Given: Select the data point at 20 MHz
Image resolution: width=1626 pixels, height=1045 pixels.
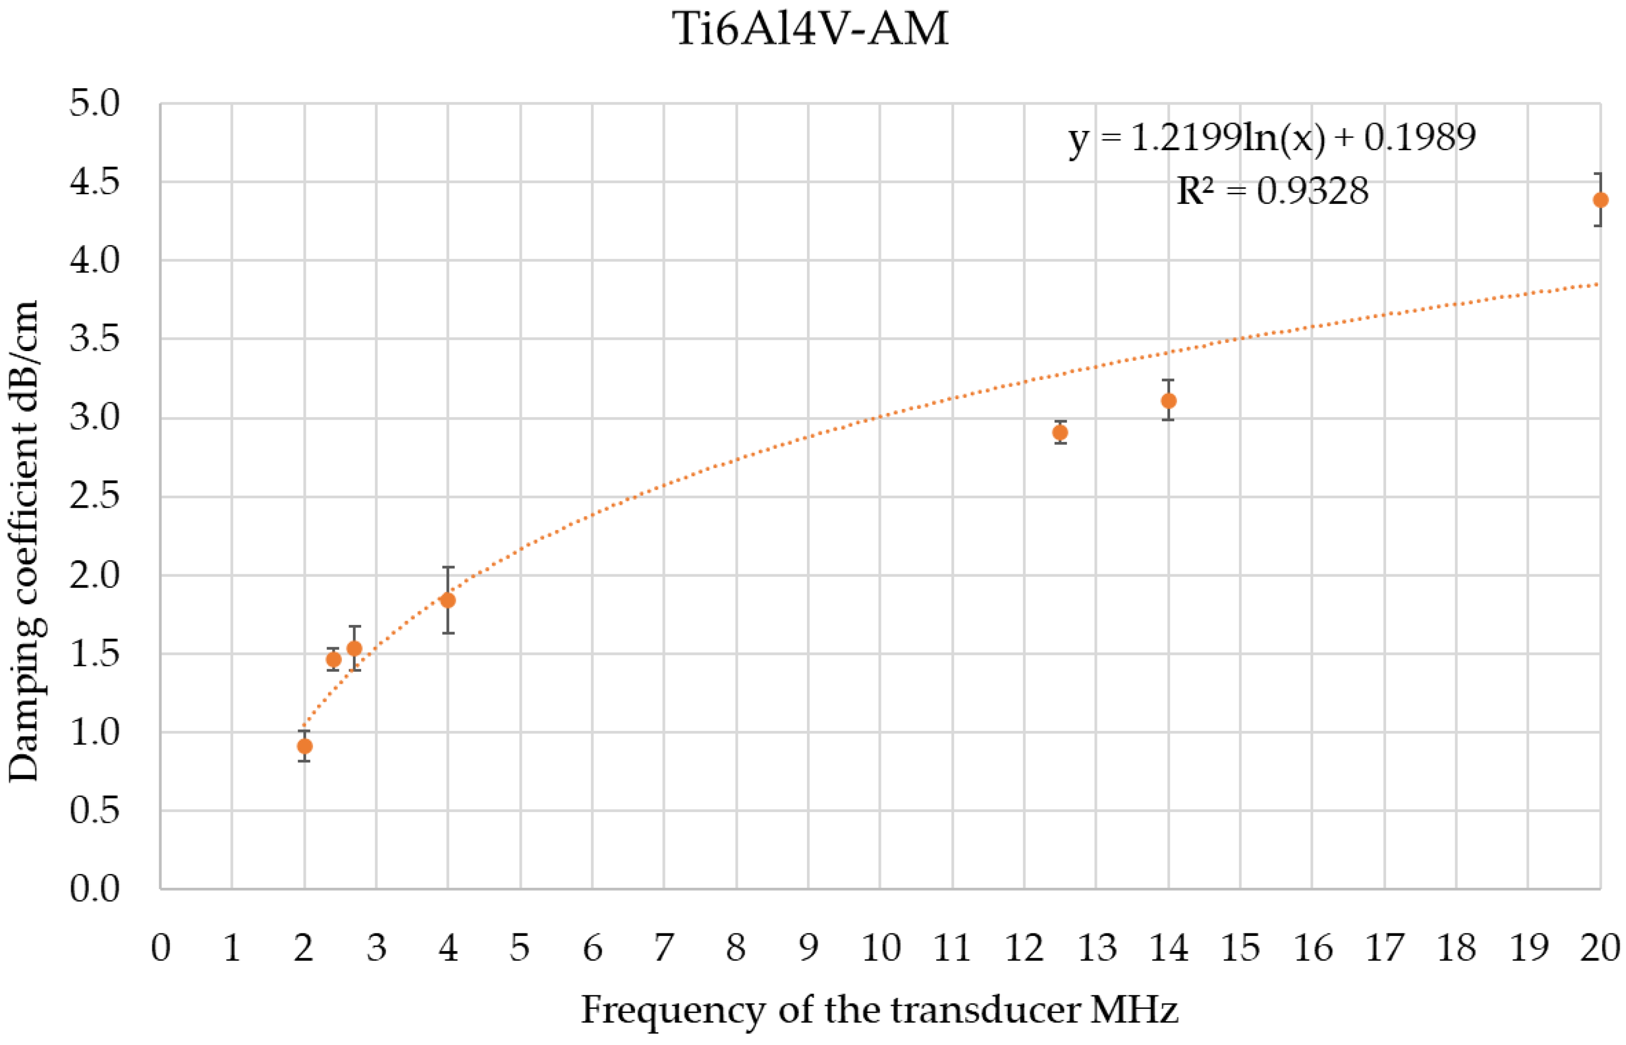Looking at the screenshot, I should (1600, 199).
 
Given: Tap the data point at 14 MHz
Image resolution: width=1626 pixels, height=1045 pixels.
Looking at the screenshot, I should (1168, 400).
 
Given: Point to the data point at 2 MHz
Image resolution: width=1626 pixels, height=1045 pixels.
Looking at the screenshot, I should (305, 746).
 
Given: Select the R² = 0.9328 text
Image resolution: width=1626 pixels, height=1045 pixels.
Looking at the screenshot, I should (1272, 191).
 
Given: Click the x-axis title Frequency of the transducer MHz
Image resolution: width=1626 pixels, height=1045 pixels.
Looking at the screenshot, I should (879, 1009).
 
